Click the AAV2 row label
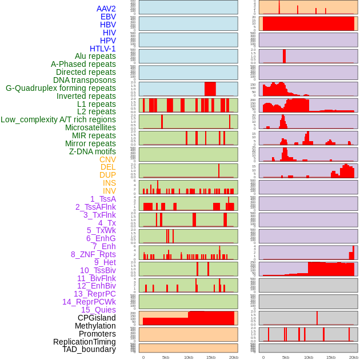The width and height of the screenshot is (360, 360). pyautogui.click(x=106, y=9)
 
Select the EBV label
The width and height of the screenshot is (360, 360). pyautogui.click(x=108, y=17)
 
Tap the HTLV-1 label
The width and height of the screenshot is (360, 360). pyautogui.click(x=103, y=49)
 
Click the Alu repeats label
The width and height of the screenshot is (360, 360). pyautogui.click(x=95, y=56)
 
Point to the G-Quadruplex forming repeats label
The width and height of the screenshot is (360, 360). pyautogui.click(x=61, y=88)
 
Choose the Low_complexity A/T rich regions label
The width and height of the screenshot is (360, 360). pyautogui.click(x=58, y=119)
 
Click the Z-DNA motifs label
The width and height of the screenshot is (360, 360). pyautogui.click(x=93, y=151)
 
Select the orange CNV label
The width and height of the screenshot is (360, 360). pyautogui.click(x=107, y=159)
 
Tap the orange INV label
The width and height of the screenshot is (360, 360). pyautogui.click(x=109, y=191)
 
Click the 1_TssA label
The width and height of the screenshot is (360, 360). pyautogui.click(x=103, y=199)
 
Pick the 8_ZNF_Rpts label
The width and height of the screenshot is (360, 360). pyautogui.click(x=93, y=254)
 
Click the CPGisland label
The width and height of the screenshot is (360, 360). pyautogui.click(x=97, y=318)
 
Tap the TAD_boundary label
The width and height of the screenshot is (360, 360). pyautogui.click(x=89, y=349)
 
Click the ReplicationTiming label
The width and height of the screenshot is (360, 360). pyautogui.click(x=84, y=342)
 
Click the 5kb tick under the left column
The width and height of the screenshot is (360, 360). pyautogui.click(x=166, y=357)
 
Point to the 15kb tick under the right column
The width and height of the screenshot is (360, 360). pyautogui.click(x=331, y=357)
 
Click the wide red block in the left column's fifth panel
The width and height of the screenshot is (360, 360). pyautogui.click(x=210, y=89)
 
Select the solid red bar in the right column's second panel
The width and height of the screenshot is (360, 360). pyautogui.click(x=308, y=24)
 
